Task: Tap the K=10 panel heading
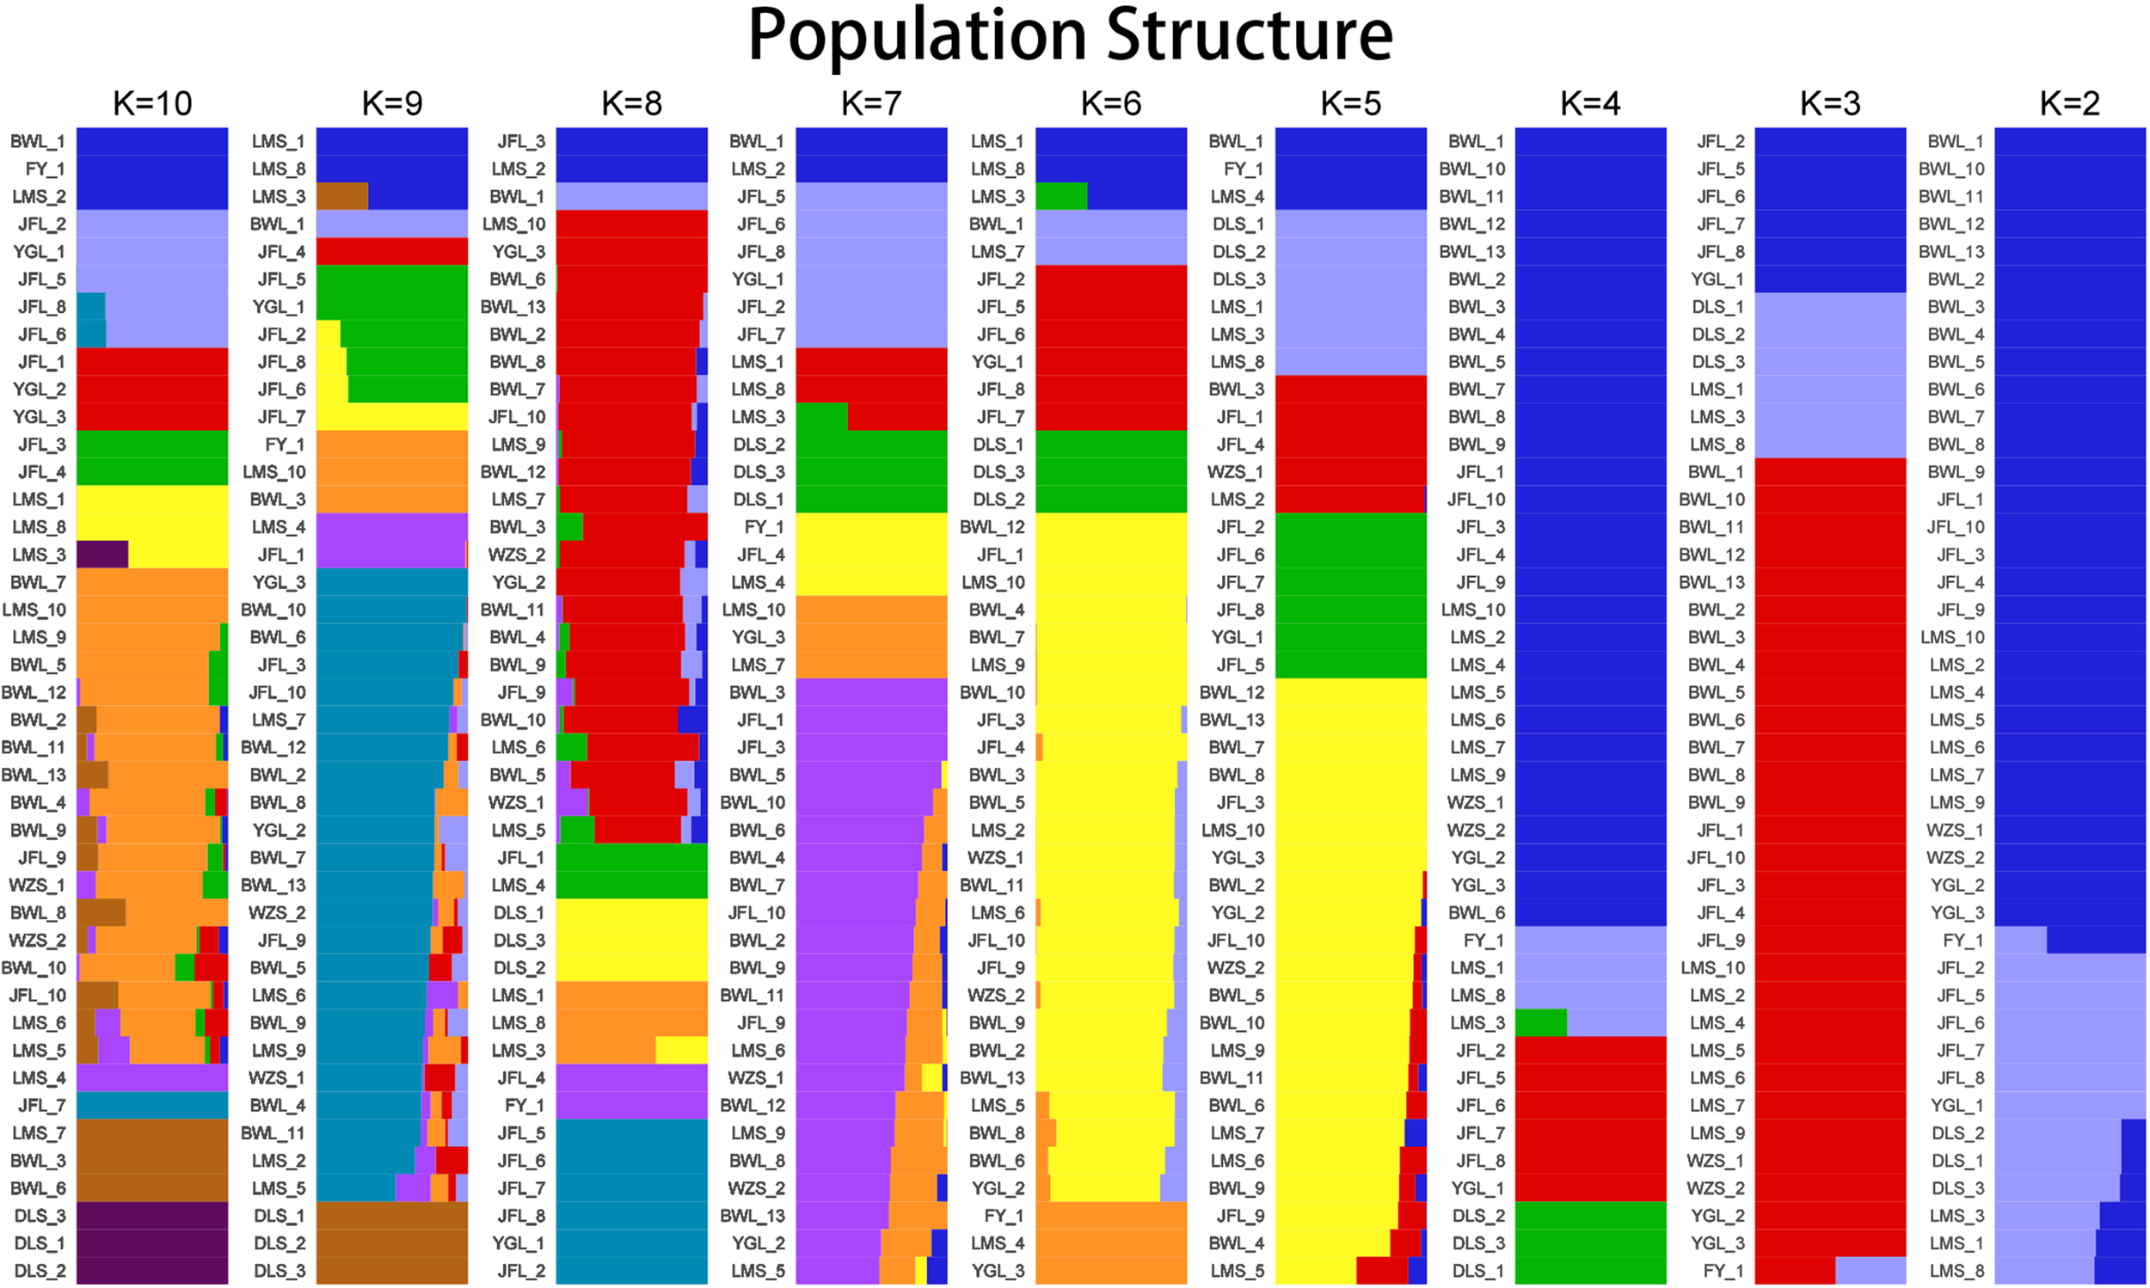(x=153, y=103)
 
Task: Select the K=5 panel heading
(x=1350, y=103)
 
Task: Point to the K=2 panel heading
(x=2069, y=103)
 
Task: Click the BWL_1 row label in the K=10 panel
(x=37, y=142)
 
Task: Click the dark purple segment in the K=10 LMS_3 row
(x=102, y=555)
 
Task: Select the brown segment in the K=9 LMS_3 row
(x=342, y=196)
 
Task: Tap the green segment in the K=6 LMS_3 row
(x=1060, y=196)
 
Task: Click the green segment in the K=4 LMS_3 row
(x=1540, y=1022)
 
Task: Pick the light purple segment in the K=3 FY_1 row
(x=1870, y=1271)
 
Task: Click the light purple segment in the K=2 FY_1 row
(x=2021, y=940)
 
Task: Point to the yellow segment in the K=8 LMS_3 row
(x=681, y=1050)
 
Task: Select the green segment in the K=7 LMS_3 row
(x=821, y=417)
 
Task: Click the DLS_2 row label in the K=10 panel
(x=39, y=1271)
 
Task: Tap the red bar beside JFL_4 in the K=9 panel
(x=391, y=252)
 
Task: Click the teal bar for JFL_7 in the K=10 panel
(x=153, y=1105)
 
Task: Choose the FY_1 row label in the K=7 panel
(x=764, y=527)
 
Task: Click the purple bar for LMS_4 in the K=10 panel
(x=153, y=1078)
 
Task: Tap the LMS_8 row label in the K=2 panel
(x=1956, y=1271)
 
